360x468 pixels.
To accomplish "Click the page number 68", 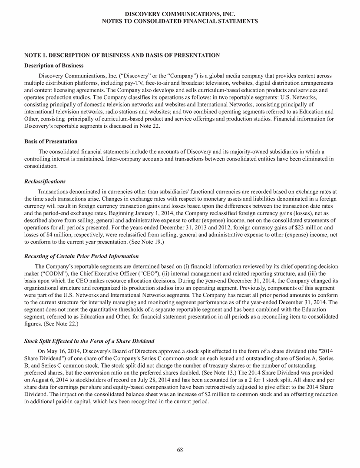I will (x=180, y=449).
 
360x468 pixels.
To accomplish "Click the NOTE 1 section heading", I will (x=122, y=55).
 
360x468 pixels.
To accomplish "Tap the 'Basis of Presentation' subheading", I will (x=50, y=142).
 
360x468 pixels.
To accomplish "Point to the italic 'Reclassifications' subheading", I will (x=44, y=181).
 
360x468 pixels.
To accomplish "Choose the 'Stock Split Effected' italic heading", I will (x=89, y=341).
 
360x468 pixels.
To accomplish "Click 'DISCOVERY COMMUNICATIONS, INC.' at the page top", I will (x=180, y=14).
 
